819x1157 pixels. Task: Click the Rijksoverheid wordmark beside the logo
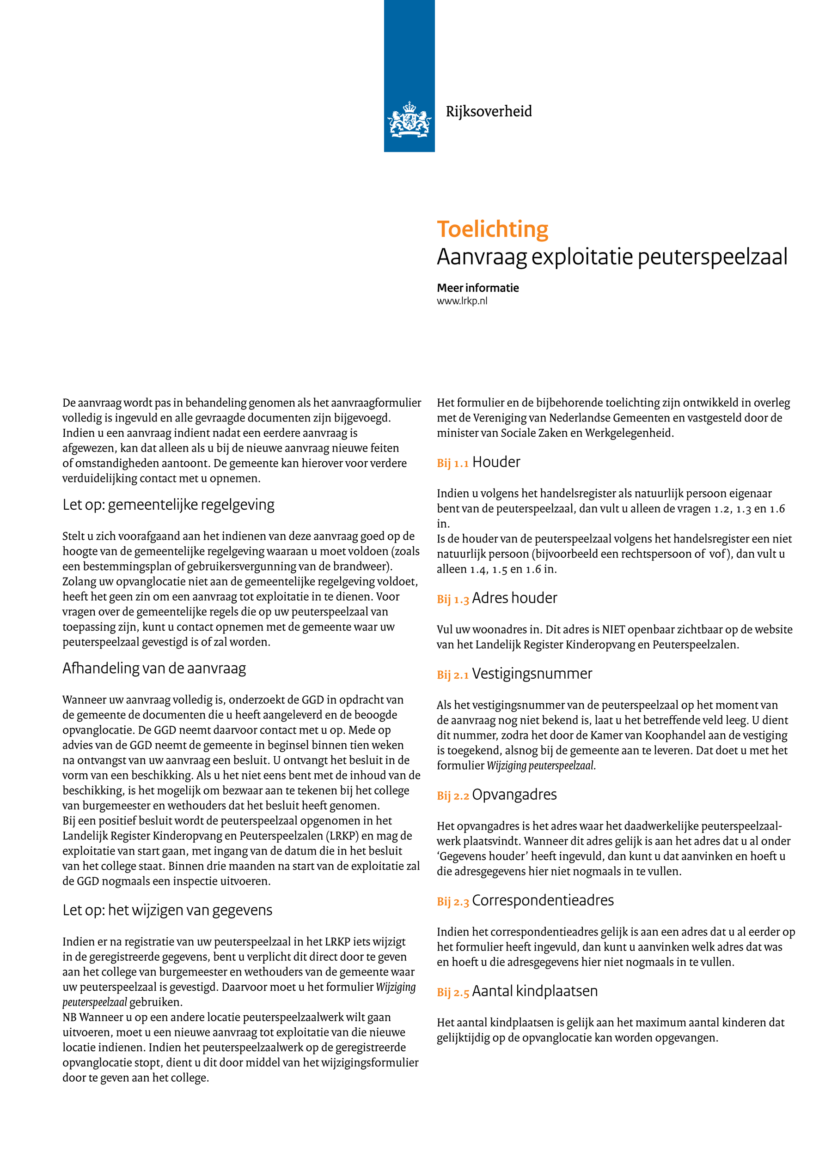[x=488, y=111]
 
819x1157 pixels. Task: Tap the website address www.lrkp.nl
[x=462, y=301]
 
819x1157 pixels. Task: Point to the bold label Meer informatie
[x=477, y=288]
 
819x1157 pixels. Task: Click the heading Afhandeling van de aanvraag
[x=154, y=668]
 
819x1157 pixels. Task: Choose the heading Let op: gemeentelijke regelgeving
[x=168, y=505]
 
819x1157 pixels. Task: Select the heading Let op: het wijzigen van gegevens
[x=167, y=910]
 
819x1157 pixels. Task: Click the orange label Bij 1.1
[x=452, y=463]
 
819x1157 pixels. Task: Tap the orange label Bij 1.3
[x=452, y=599]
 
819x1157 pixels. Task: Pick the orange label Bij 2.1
[x=452, y=675]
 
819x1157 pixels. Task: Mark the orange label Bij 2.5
[x=452, y=992]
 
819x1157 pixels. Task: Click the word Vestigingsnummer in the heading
[x=532, y=674]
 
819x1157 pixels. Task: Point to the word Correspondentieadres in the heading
[x=543, y=900]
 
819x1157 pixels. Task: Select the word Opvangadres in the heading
[x=514, y=795]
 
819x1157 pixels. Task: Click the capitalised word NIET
[x=613, y=629]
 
